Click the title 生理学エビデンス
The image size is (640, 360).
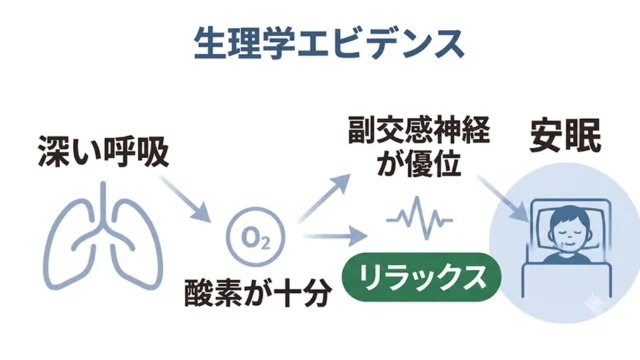point(329,44)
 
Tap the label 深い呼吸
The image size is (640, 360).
point(104,151)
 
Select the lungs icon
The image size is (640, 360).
point(103,236)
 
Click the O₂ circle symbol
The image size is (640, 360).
point(256,237)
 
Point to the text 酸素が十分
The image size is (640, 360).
point(258,293)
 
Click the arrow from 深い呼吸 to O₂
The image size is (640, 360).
point(184,199)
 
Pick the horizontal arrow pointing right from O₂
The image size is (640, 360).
point(335,236)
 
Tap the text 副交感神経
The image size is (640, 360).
point(419,130)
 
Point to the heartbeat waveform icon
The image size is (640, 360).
point(420,218)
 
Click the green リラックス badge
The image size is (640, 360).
point(421,277)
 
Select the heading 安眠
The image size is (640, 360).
point(565,136)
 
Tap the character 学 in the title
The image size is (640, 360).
point(278,44)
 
